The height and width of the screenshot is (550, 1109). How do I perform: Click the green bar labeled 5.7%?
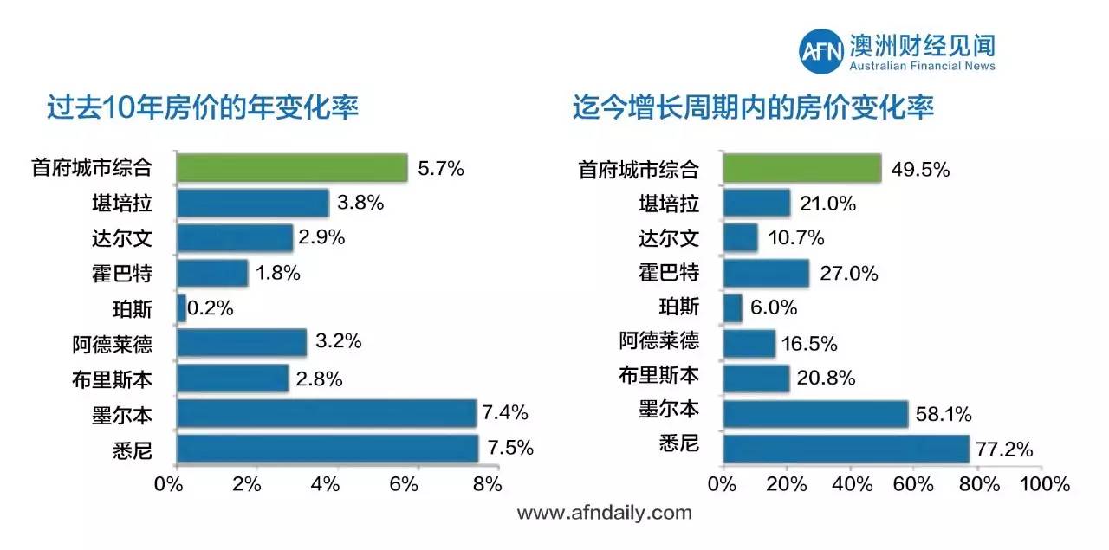coord(292,168)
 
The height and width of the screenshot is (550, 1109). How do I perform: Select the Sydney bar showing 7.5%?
coord(328,448)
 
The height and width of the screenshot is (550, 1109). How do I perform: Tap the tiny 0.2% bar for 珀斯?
coord(181,307)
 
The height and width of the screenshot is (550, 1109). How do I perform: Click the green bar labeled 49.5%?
coord(801,169)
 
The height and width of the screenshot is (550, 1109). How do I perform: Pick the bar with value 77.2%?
coord(846,449)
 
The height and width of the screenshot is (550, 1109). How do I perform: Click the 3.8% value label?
coord(360,204)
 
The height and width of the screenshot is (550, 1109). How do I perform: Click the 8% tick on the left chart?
coord(487,484)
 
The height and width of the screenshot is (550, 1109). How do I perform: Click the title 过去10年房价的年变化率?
coord(203,107)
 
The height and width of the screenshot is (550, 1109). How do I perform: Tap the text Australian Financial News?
coord(922,67)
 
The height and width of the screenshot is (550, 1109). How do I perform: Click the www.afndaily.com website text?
coord(605,513)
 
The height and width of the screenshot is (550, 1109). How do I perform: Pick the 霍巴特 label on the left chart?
coord(125,274)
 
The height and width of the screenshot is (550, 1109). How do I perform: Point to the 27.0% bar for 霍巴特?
coord(766,274)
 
